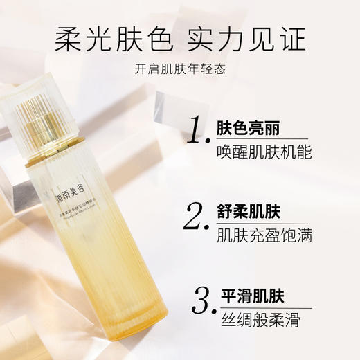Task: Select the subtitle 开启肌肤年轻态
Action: click(179, 70)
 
